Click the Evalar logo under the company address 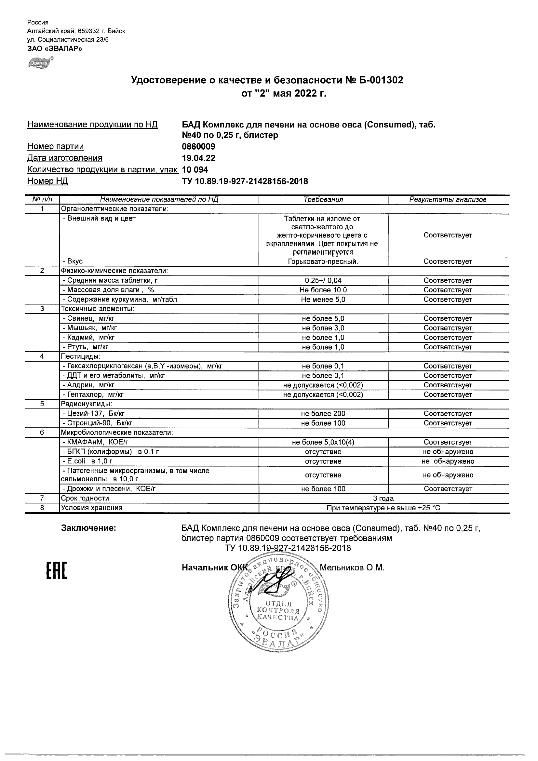point(40,63)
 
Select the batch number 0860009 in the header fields point(198,146)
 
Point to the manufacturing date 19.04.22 point(198,158)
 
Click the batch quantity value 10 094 point(195,170)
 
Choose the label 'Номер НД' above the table point(47,181)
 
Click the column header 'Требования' point(323,200)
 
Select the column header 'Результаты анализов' point(448,200)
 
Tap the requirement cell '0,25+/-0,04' point(323,280)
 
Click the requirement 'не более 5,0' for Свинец point(323,318)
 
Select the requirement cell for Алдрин point(323,385)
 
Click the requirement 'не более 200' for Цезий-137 point(323,414)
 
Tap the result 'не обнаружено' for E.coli point(448,461)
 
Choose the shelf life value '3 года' point(383,499)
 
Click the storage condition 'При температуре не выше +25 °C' point(383,508)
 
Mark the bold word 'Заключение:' point(88,528)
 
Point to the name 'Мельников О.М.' point(352,568)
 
